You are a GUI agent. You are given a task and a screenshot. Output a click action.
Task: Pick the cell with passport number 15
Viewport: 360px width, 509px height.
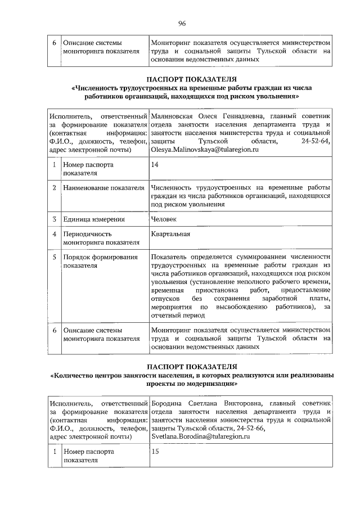[156, 451]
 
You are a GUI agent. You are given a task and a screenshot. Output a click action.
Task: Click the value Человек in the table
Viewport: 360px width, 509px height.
[164, 219]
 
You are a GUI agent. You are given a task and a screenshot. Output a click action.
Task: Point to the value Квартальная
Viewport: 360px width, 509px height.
[170, 234]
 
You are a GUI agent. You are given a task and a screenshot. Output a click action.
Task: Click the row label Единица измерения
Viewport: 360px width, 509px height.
[94, 219]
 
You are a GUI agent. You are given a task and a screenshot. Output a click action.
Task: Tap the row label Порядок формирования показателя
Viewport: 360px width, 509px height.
[100, 261]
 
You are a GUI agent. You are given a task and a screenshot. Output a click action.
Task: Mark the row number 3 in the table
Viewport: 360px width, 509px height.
[54, 219]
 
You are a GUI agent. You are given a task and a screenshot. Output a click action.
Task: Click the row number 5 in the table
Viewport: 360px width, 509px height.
[54, 257]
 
